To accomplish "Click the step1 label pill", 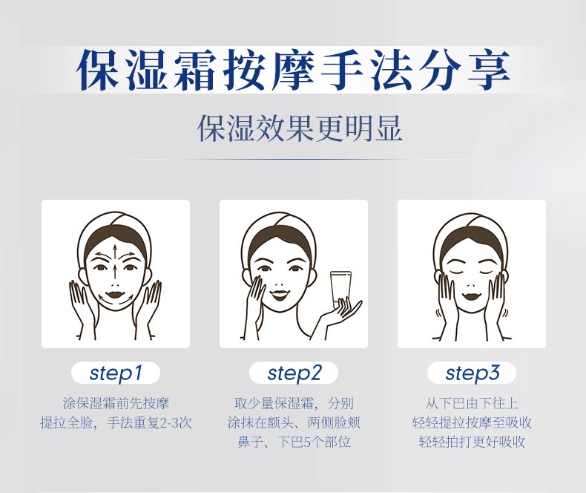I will [x=115, y=373].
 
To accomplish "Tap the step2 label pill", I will [x=294, y=373].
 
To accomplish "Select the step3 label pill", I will [x=472, y=373].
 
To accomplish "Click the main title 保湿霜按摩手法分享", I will [x=294, y=71].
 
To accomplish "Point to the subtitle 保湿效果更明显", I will [x=299, y=128].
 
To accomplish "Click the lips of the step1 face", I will [x=115, y=296].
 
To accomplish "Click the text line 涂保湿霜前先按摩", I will [x=115, y=404].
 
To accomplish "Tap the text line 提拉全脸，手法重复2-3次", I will [x=115, y=423].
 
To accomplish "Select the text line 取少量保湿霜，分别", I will [x=294, y=404].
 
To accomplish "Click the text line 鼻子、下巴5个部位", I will [x=294, y=443].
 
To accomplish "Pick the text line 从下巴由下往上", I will [x=472, y=404].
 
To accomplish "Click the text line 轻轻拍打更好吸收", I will [x=472, y=443].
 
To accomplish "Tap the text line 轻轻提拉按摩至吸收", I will [x=472, y=423].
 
